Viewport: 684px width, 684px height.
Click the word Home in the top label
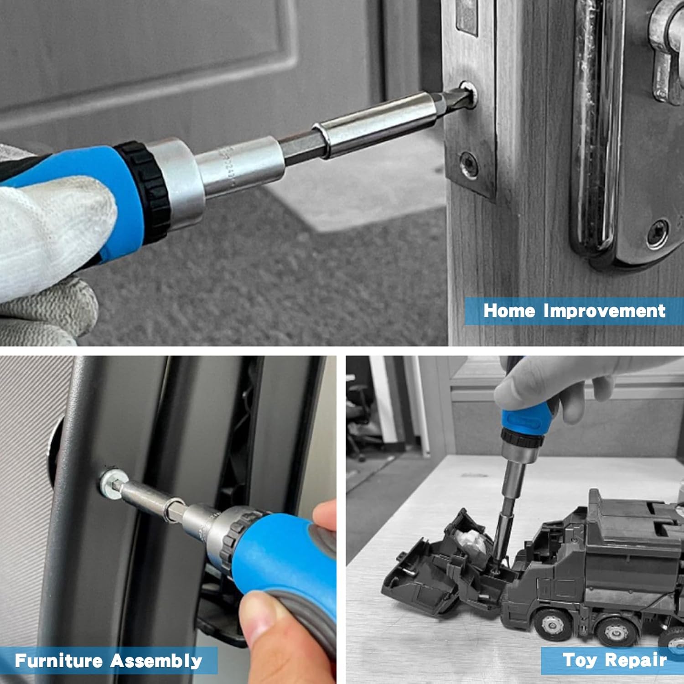pyautogui.click(x=509, y=311)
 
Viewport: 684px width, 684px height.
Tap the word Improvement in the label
pyautogui.click(x=605, y=311)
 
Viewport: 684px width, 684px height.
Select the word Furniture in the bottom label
pyautogui.click(x=58, y=660)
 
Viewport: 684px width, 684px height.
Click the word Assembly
pyautogui.click(x=156, y=661)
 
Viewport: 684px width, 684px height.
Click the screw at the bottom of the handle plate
pyautogui.click(x=658, y=234)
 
